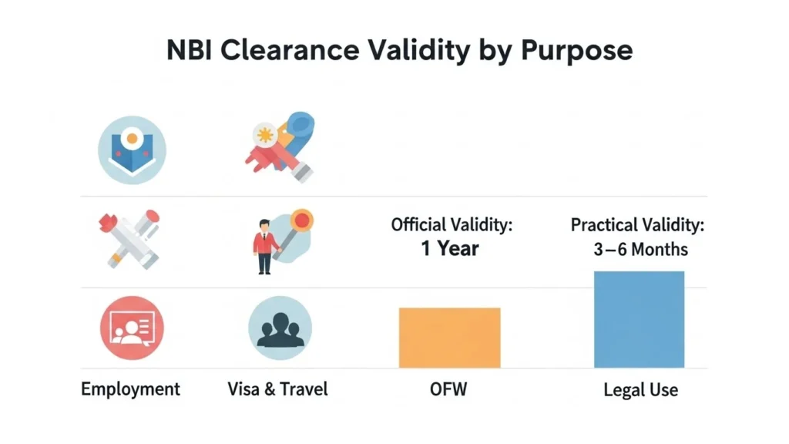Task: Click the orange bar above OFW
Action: click(x=449, y=338)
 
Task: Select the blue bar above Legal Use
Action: click(x=639, y=319)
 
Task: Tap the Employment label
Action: click(x=130, y=388)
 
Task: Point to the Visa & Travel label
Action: click(x=277, y=388)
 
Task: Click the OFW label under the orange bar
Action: click(x=448, y=388)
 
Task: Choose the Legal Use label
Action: click(x=640, y=390)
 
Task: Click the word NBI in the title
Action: click(x=189, y=50)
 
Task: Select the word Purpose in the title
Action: click(x=577, y=50)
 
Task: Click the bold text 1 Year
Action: click(x=450, y=249)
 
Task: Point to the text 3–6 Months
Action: click(x=637, y=250)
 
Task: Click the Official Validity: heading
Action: click(x=452, y=225)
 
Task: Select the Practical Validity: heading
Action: click(x=637, y=226)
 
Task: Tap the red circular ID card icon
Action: click(x=132, y=328)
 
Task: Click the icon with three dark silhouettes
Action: click(x=280, y=328)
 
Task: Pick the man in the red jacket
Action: click(x=264, y=246)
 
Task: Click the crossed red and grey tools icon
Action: click(x=129, y=238)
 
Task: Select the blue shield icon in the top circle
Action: click(x=132, y=149)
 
